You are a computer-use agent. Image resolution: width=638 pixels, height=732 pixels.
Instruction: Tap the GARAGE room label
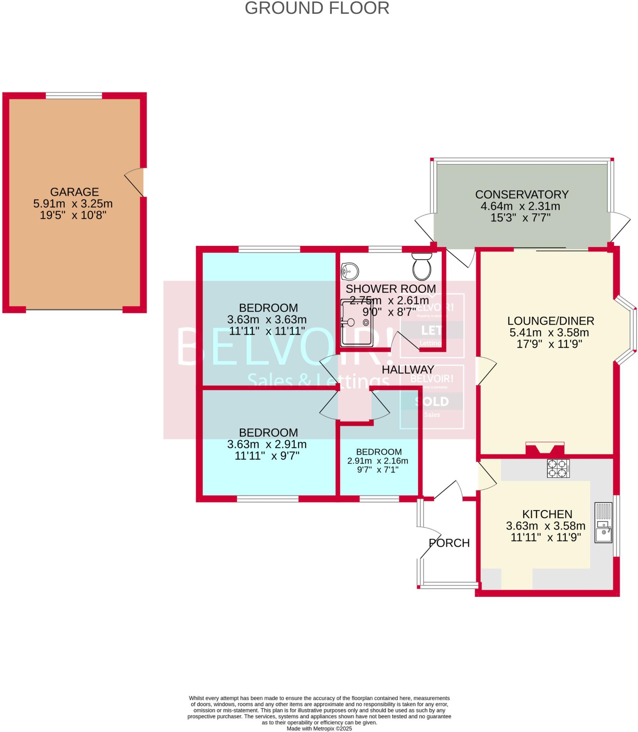tap(74, 192)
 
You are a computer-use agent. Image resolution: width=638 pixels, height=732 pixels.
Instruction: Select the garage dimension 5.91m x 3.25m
tap(73, 204)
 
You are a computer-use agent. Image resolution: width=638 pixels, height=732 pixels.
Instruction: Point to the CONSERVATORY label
tap(521, 194)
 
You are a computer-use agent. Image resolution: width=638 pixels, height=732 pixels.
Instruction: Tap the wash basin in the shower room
tap(350, 272)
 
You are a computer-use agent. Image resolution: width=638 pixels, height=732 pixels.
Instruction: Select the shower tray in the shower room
tap(357, 323)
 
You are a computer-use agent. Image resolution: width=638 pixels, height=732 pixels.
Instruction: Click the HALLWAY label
tap(408, 370)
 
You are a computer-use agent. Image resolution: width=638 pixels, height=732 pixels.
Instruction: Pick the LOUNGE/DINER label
tap(551, 321)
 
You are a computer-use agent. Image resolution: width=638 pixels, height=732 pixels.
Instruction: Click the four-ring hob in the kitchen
tap(558, 468)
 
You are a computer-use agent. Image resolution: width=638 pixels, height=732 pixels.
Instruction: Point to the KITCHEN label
tap(547, 514)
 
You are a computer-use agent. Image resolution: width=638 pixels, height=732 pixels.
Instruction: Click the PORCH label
tap(449, 543)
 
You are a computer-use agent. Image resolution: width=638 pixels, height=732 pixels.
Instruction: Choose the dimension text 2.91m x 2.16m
tap(377, 461)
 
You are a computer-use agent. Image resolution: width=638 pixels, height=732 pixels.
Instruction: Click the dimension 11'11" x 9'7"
tap(267, 456)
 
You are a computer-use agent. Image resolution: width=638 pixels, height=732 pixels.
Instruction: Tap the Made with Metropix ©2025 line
tap(319, 728)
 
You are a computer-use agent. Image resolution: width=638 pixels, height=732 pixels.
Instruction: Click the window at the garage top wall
tap(74, 95)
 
